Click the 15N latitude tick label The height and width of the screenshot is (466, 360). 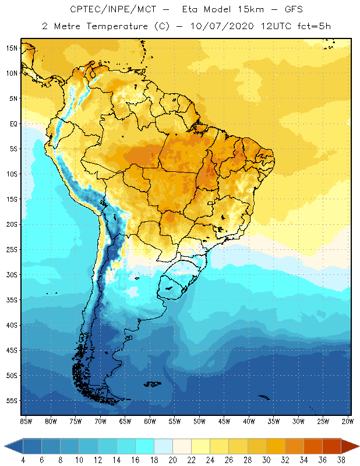12,48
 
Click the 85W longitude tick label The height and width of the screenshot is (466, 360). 26,421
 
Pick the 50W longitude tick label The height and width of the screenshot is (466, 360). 199,421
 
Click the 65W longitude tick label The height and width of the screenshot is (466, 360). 125,421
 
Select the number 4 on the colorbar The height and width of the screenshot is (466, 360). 23,460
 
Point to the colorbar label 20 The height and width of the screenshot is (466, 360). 172,460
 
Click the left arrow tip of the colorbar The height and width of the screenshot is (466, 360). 5,446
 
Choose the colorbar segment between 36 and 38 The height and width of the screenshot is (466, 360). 332,446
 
